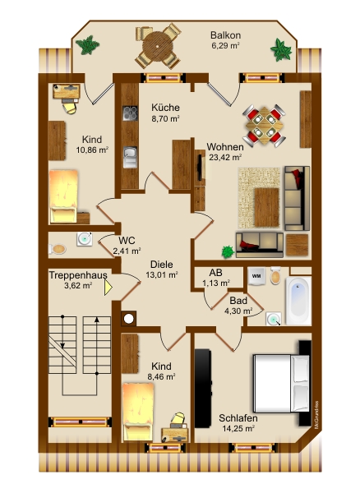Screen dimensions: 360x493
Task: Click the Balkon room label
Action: point(225,35)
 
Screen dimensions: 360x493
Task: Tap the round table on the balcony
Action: point(158,47)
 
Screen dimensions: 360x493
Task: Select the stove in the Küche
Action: point(130,113)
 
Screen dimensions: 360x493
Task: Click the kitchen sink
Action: point(130,157)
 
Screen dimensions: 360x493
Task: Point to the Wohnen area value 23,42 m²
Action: point(225,157)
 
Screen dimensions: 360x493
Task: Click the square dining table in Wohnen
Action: point(265,126)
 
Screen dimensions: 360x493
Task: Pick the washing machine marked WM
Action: point(256,276)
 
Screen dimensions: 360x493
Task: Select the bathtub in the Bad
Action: point(298,301)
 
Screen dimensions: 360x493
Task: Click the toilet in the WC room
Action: point(58,249)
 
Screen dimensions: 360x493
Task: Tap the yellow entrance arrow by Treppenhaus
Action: point(108,288)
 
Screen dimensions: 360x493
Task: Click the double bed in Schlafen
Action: point(281,383)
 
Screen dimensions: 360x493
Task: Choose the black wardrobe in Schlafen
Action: point(202,388)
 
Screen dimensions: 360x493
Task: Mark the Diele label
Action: point(162,264)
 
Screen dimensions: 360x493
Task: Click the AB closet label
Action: point(215,272)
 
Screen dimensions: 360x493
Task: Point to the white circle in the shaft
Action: point(128,319)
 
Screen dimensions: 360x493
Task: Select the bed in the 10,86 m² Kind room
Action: point(63,196)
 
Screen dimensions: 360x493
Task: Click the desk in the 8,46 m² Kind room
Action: point(174,435)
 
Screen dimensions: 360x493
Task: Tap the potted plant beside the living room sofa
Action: point(228,251)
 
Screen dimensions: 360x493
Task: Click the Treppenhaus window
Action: point(80,422)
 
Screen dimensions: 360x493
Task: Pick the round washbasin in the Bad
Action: point(273,319)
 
